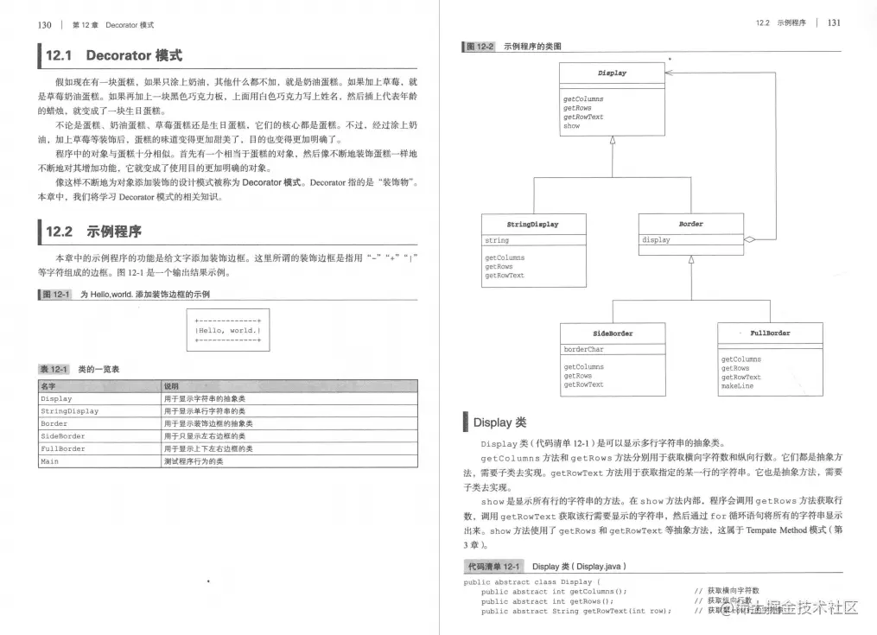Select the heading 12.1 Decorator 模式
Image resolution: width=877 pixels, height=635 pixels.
pos(113,56)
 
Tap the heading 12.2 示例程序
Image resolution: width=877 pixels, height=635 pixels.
pos(93,232)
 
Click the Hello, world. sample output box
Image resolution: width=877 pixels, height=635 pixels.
pos(228,330)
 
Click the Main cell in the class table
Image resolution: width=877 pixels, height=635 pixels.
pos(49,462)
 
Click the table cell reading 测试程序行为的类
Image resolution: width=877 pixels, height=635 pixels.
pos(195,462)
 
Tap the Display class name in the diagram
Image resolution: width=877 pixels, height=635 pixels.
pos(612,73)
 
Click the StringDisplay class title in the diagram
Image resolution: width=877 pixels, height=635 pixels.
pos(532,224)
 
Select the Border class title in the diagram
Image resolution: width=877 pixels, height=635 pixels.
pos(690,224)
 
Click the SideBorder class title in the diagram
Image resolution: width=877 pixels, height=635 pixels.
pos(612,333)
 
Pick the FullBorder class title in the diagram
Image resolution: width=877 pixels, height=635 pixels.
pos(770,333)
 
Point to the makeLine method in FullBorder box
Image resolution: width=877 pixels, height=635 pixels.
pos(737,386)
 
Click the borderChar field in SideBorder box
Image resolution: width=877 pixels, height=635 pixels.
pos(584,350)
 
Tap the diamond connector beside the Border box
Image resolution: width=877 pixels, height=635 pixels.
pos(750,239)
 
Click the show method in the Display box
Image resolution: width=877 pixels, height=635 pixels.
pos(572,126)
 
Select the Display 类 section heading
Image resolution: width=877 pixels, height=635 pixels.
pos(499,422)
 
